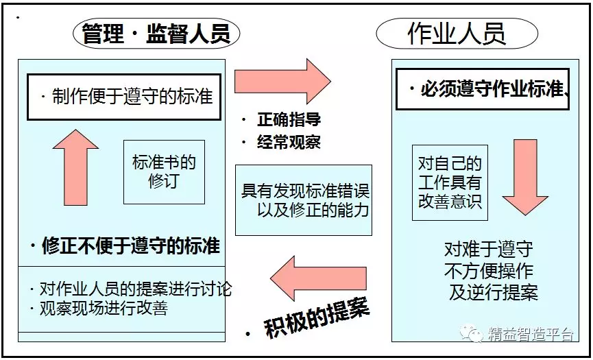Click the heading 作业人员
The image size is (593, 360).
(x=457, y=33)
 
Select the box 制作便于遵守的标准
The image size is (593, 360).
(x=124, y=96)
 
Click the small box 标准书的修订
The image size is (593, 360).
(x=164, y=172)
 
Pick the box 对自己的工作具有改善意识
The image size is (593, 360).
(x=450, y=182)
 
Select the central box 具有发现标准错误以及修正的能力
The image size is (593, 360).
(x=304, y=200)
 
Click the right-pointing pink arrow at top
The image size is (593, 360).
(x=282, y=81)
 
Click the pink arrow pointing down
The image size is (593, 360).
(x=525, y=177)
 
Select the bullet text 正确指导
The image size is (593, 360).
(x=289, y=120)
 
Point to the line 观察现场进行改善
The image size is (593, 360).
(x=103, y=308)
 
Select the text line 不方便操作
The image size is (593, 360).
(x=489, y=270)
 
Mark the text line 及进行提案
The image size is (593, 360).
(x=494, y=292)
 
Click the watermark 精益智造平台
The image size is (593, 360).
(x=531, y=334)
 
